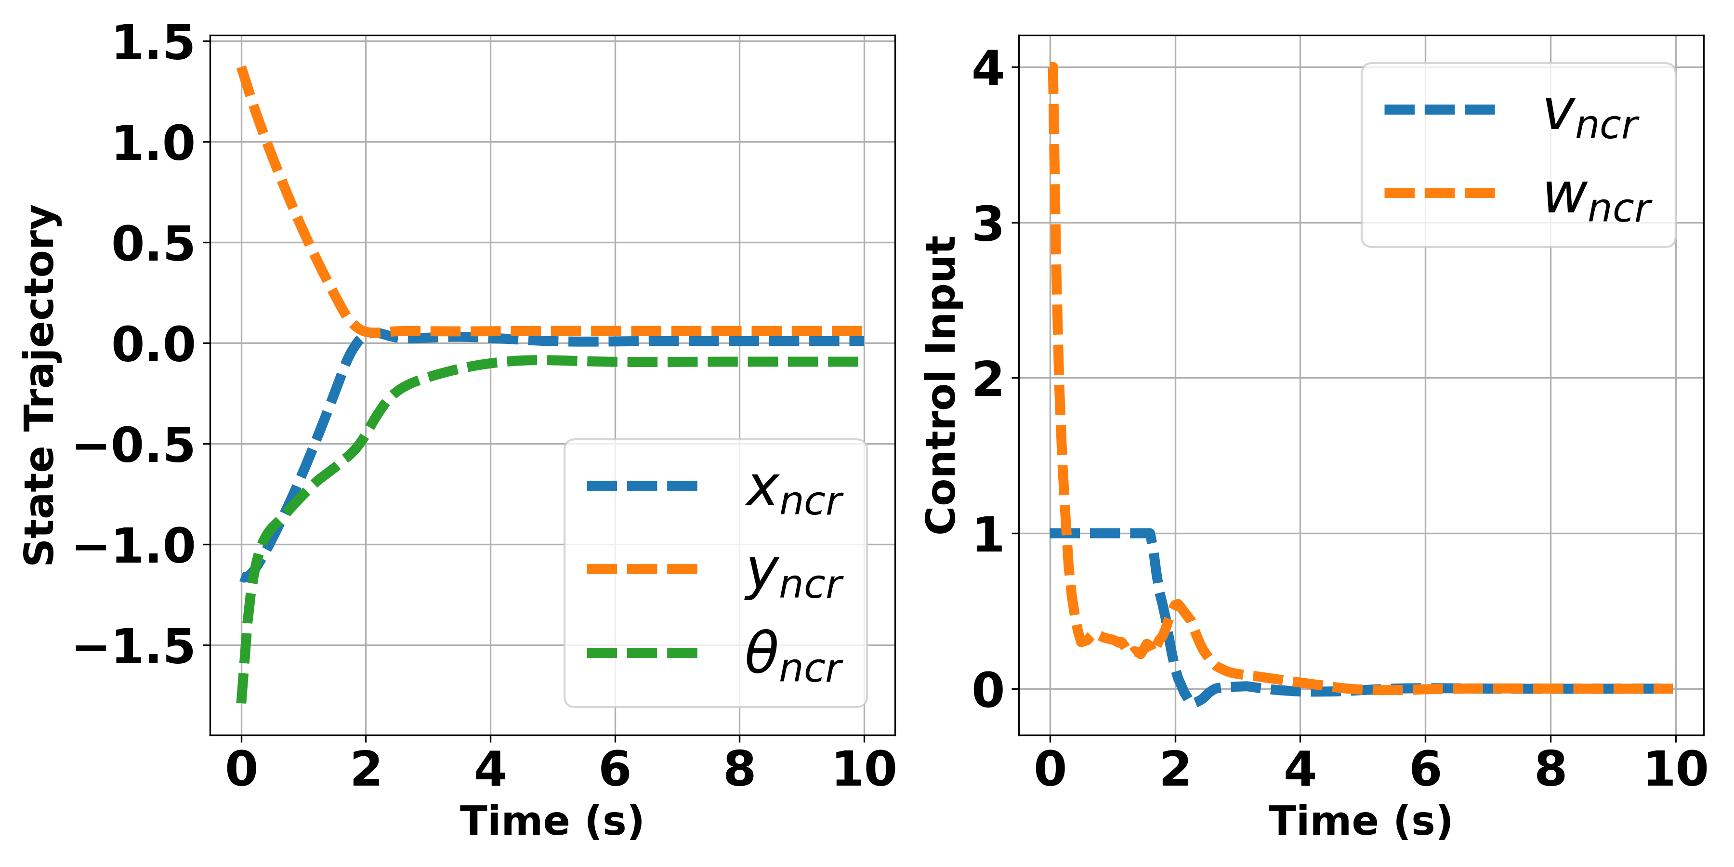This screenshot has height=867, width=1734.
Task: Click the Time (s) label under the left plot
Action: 552,821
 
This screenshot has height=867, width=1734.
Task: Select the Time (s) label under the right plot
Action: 1360,821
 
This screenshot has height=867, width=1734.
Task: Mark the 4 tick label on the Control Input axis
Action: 988,68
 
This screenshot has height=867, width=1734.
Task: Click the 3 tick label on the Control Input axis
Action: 988,223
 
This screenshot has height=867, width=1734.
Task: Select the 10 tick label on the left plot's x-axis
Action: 864,769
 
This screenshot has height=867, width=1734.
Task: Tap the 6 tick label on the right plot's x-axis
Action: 1425,769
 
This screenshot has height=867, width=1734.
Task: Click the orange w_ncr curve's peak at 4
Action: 1053,68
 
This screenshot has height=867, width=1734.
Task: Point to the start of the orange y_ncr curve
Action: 242,69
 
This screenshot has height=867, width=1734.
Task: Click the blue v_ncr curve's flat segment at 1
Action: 1104,533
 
